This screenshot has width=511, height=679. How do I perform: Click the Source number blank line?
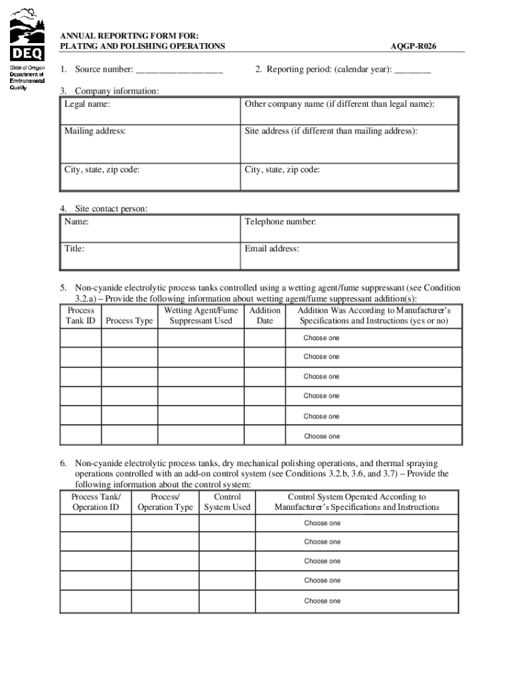point(179,70)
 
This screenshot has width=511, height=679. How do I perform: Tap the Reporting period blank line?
point(412,70)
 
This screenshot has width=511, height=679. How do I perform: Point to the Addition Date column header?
point(265,316)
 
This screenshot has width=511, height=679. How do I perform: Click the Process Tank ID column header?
point(81,316)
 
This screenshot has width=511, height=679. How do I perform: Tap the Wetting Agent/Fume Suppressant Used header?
point(200,316)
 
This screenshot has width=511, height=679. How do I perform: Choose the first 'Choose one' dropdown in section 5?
point(321,338)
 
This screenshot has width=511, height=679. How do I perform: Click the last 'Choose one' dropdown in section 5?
point(321,436)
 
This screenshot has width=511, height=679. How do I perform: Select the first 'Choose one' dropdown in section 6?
point(322,523)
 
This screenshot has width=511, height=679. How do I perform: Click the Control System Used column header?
point(227,502)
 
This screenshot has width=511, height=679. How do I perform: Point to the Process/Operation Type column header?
point(165,502)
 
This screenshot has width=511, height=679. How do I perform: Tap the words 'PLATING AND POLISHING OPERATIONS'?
point(143,46)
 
